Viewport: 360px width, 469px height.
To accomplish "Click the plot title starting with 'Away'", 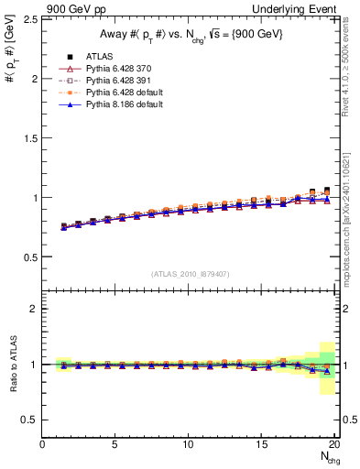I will click(190, 35).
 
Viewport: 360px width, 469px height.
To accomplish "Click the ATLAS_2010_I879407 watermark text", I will click(190, 273).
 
